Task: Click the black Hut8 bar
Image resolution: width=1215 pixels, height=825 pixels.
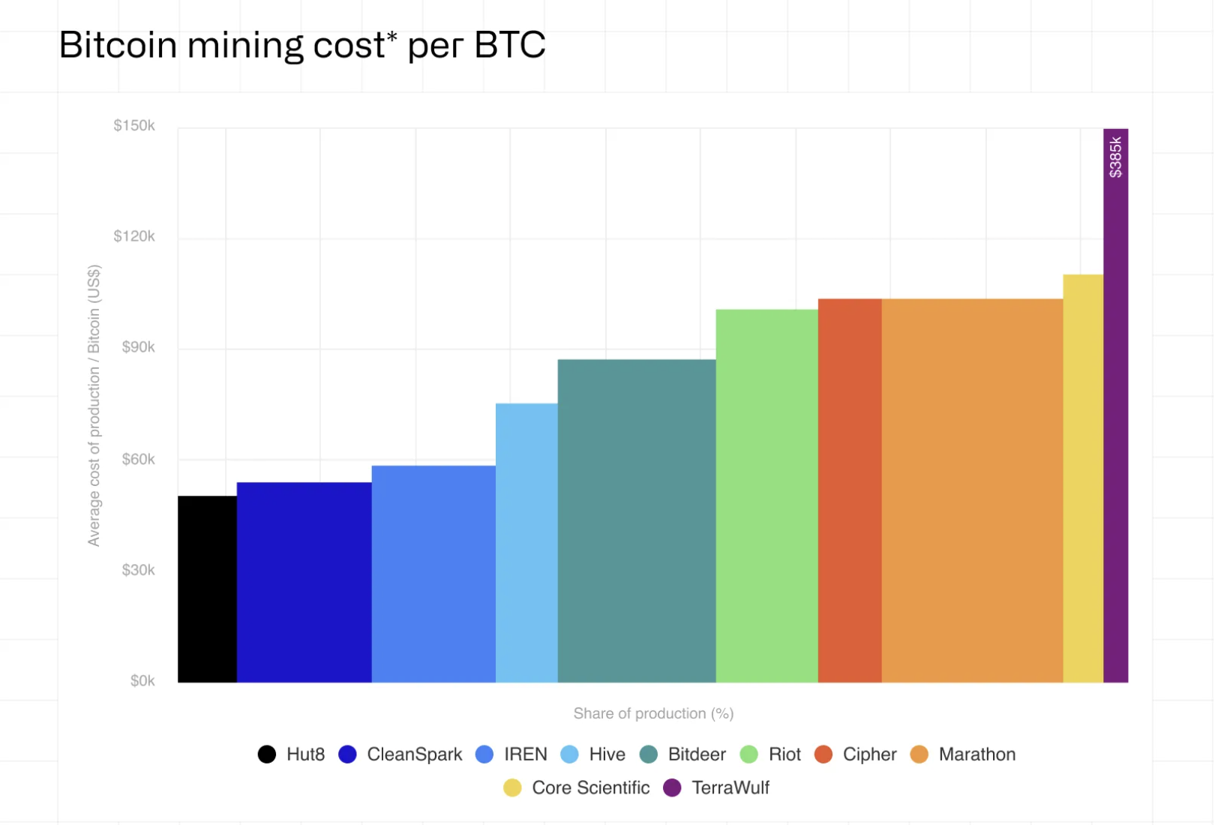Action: click(207, 589)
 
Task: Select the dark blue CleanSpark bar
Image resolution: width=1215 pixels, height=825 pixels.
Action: click(304, 582)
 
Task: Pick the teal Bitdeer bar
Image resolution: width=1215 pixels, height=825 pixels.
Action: click(637, 520)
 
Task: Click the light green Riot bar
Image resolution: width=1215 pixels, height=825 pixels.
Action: click(766, 496)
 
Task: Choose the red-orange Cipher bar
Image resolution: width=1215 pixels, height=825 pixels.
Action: click(850, 490)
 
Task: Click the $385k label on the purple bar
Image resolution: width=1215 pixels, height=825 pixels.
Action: click(1116, 157)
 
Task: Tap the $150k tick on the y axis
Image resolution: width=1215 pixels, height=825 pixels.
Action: click(134, 125)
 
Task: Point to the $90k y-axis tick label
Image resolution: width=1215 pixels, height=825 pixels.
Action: click(138, 347)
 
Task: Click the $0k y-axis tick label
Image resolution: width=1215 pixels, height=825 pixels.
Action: click(142, 681)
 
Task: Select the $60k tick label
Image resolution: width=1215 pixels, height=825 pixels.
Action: click(138, 459)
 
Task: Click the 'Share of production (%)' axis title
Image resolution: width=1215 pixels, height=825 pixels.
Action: click(653, 713)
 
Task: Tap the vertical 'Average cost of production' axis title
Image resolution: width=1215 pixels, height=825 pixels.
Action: click(94, 405)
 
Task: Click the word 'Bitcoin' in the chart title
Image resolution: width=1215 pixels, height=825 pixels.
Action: click(118, 45)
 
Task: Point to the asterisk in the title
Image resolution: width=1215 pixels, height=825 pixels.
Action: click(391, 35)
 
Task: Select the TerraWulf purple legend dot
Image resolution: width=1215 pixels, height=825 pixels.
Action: click(672, 787)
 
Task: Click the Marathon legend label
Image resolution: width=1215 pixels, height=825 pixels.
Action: click(976, 754)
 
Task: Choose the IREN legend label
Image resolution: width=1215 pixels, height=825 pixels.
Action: click(525, 754)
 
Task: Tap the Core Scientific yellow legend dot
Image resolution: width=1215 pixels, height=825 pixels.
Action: click(512, 787)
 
